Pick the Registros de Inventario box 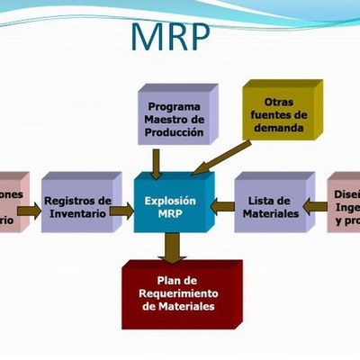(77, 207)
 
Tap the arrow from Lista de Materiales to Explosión (222, 207)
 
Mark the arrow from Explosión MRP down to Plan (170, 247)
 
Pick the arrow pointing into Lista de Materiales (315, 207)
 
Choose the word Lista (263, 201)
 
